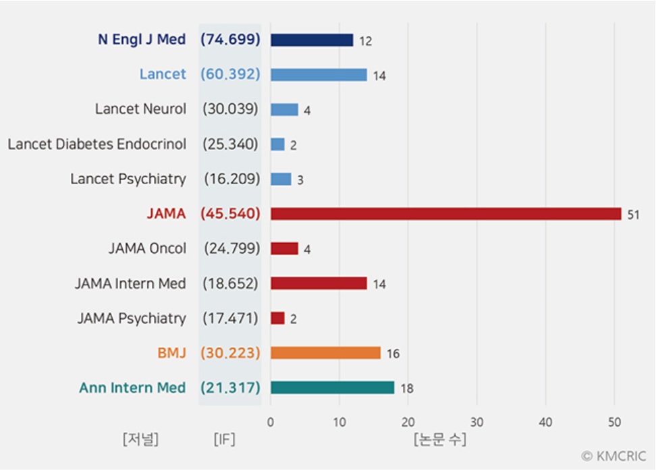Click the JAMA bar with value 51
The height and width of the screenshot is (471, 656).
coord(445,214)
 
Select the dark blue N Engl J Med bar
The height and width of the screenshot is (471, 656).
coord(312,40)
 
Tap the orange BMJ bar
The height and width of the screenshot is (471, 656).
coord(325,353)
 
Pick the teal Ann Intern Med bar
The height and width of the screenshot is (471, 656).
coord(332,387)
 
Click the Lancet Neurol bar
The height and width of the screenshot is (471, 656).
coord(284,109)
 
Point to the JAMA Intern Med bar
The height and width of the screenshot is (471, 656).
coord(319,283)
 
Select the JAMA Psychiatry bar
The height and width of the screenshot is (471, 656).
coord(277,318)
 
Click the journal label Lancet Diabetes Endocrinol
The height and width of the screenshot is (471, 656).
coord(97,144)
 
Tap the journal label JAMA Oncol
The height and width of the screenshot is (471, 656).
coord(147,248)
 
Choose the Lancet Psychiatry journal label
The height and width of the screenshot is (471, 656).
coord(128,179)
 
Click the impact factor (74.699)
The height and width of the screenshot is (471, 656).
coord(230,39)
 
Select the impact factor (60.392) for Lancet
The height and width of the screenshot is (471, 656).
coord(230,74)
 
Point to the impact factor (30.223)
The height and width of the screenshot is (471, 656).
coord(230,353)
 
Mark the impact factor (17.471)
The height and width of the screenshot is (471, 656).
coord(230,318)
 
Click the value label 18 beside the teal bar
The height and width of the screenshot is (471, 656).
coord(406,389)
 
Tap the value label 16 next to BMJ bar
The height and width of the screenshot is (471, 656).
coord(393,354)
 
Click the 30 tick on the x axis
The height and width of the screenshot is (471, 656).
coord(476,422)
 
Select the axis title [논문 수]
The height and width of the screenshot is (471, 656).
coord(439,440)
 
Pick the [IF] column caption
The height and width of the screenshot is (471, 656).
coord(224,440)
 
